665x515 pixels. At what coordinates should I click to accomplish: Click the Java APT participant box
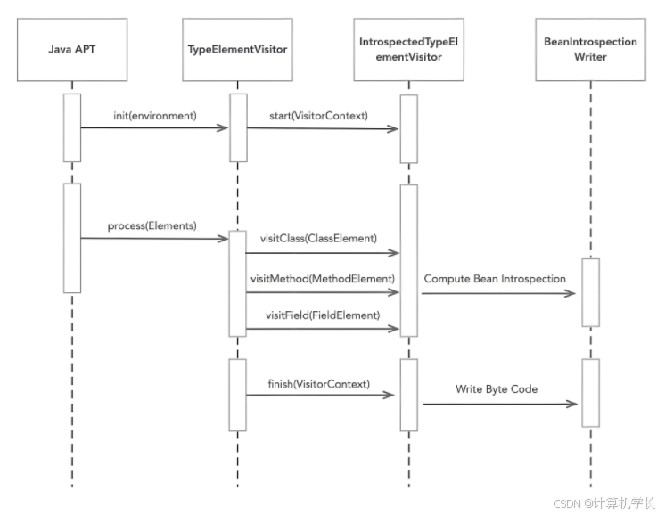point(72,49)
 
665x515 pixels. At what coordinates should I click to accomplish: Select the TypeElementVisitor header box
point(238,49)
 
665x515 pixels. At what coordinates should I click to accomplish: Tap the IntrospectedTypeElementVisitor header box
point(408,49)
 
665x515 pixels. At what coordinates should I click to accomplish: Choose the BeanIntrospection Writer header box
point(590,49)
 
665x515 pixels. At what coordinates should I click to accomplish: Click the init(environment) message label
point(155,116)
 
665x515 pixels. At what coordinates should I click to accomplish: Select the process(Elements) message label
point(152,225)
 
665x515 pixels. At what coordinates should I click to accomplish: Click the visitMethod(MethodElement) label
point(322,278)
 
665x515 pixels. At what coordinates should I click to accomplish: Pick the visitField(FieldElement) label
point(322,315)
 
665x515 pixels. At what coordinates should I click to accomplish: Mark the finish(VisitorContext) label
point(318,383)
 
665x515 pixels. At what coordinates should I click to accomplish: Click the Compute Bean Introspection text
point(495,279)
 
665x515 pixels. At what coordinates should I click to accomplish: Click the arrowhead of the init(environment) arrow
point(224,128)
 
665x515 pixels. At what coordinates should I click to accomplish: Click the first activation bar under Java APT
point(72,127)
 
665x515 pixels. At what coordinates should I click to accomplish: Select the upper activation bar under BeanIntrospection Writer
point(590,292)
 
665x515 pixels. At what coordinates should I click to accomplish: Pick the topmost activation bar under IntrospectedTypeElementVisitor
point(408,128)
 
